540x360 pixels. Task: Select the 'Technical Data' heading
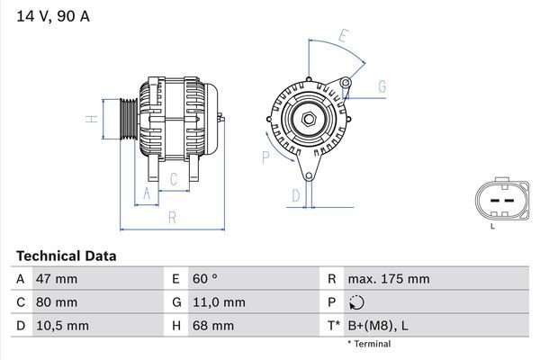click(67, 256)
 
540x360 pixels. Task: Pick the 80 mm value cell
click(56, 302)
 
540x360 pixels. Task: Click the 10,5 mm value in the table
click(61, 325)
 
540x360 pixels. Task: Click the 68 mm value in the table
click(211, 325)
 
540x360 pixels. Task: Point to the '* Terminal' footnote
click(369, 344)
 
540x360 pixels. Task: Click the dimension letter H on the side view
click(91, 119)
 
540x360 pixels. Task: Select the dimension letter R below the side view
click(171, 217)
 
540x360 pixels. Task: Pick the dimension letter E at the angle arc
click(343, 36)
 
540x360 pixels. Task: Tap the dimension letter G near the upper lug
click(382, 86)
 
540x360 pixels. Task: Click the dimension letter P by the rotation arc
click(265, 157)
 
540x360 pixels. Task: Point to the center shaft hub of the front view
click(309, 119)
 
